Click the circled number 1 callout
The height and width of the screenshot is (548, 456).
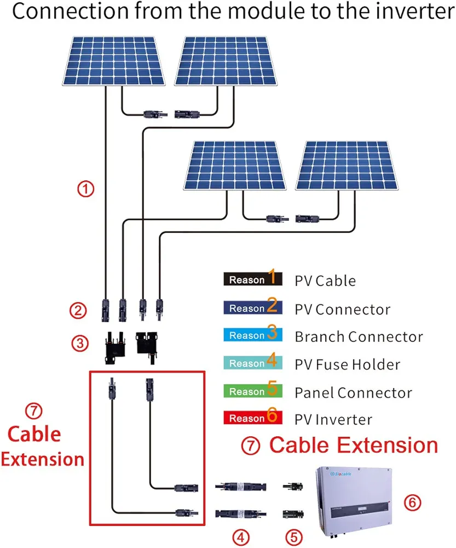tap(85, 190)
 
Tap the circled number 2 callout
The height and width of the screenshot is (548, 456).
tap(78, 311)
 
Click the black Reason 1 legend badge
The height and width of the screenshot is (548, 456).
tap(252, 279)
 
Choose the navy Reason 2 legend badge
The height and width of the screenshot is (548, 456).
tap(252, 308)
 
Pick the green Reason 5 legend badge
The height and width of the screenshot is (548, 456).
tap(252, 391)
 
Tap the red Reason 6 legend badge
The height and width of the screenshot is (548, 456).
tap(252, 418)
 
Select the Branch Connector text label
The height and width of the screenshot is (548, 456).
tap(359, 336)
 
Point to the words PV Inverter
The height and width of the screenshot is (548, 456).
tap(333, 420)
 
